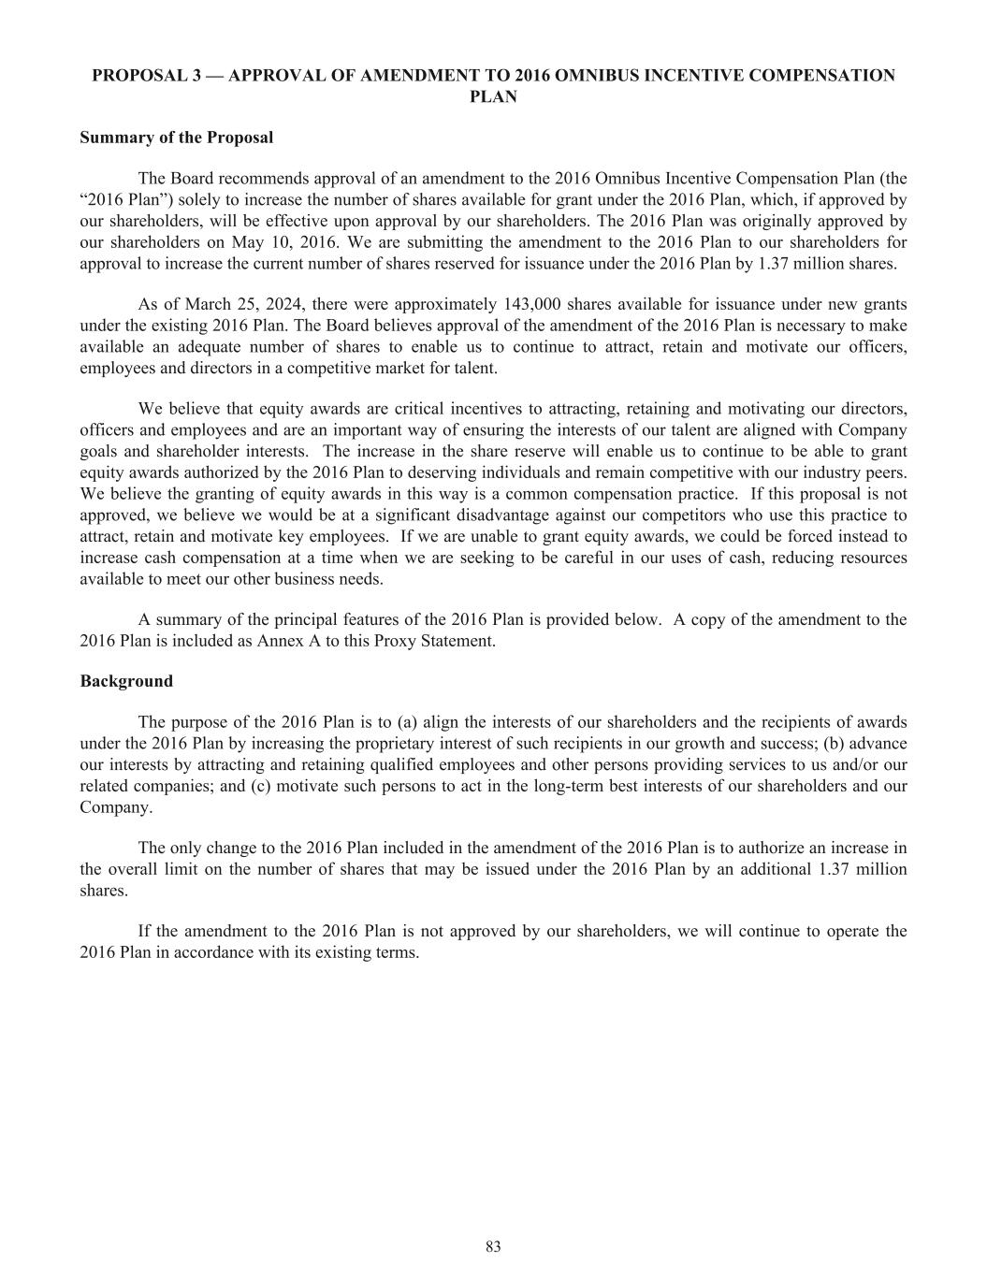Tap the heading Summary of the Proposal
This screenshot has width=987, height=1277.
177,138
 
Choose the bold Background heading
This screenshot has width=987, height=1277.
126,681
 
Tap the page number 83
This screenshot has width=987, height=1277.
494,1247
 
